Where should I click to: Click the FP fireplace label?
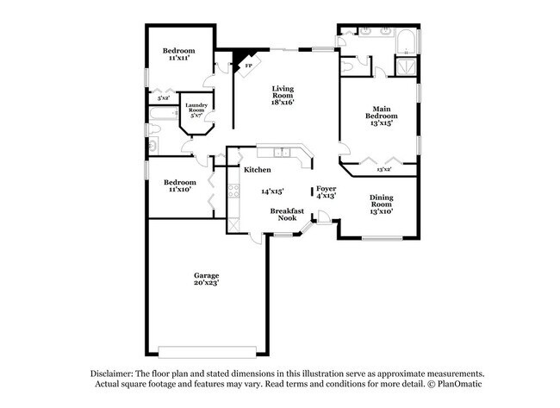pyautogui.click(x=249, y=66)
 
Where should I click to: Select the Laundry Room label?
pyautogui.click(x=196, y=109)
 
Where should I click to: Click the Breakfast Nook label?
pyautogui.click(x=283, y=214)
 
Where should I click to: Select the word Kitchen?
pyautogui.click(x=258, y=170)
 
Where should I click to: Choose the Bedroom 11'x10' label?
pyautogui.click(x=178, y=185)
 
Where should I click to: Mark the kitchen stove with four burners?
pyautogui.click(x=232, y=193)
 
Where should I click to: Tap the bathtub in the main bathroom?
pyautogui.click(x=406, y=41)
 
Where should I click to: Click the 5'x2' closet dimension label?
pyautogui.click(x=164, y=98)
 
